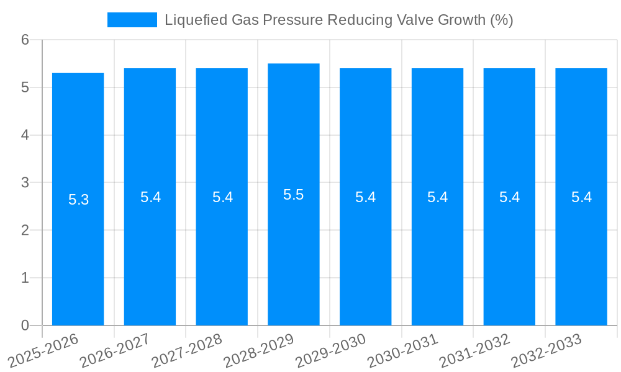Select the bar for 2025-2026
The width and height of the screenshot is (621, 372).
click(x=78, y=248)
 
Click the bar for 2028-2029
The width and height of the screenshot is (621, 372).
click(x=294, y=248)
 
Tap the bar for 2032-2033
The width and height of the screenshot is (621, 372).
click(x=581, y=248)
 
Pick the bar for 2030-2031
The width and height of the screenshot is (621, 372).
click(x=437, y=248)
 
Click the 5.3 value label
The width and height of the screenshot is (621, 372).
click(x=78, y=200)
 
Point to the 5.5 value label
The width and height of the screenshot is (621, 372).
click(x=294, y=195)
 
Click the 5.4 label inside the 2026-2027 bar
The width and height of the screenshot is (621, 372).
click(x=150, y=197)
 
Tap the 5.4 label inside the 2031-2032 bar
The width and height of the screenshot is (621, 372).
click(x=509, y=197)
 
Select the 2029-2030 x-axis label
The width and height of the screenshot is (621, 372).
click(x=331, y=350)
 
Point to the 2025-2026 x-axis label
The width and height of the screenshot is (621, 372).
click(x=43, y=350)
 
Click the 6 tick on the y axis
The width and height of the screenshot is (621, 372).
click(x=25, y=40)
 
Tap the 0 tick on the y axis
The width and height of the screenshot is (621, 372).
click(x=25, y=325)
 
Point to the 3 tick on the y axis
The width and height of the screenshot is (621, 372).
click(x=25, y=183)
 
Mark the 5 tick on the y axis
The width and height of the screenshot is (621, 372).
click(x=25, y=87)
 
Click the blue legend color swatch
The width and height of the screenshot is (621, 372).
click(x=132, y=20)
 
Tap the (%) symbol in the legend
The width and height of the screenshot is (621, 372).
click(x=501, y=20)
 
